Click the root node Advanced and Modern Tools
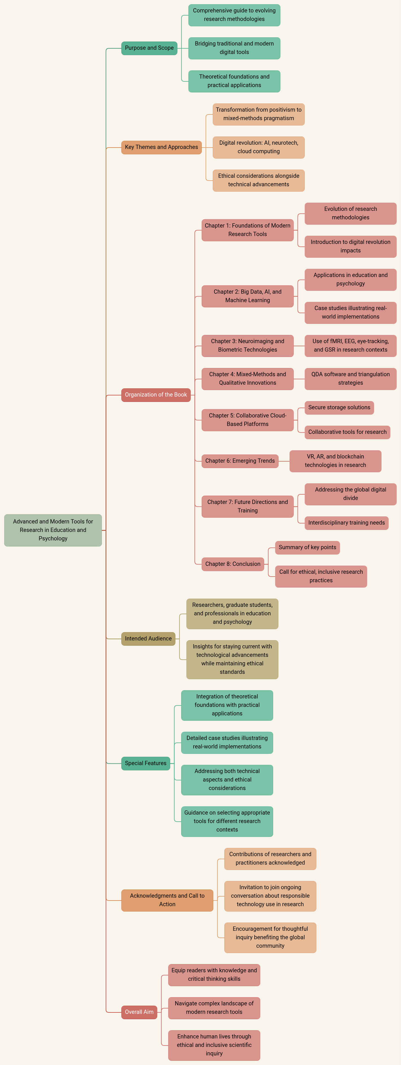click(x=53, y=530)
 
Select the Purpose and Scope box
click(x=149, y=48)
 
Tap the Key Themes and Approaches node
click(x=161, y=147)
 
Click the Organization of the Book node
click(x=156, y=395)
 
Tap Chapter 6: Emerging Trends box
click(x=240, y=461)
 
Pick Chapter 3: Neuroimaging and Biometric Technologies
click(x=247, y=346)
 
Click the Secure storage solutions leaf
click(x=339, y=408)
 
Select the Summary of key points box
click(x=307, y=547)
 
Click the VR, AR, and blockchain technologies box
click(x=335, y=461)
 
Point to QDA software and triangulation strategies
click(x=350, y=379)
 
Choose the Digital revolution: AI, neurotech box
click(x=258, y=147)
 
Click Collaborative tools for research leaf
click(x=347, y=432)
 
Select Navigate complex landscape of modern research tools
click(x=214, y=1008)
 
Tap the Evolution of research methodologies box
click(x=350, y=213)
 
